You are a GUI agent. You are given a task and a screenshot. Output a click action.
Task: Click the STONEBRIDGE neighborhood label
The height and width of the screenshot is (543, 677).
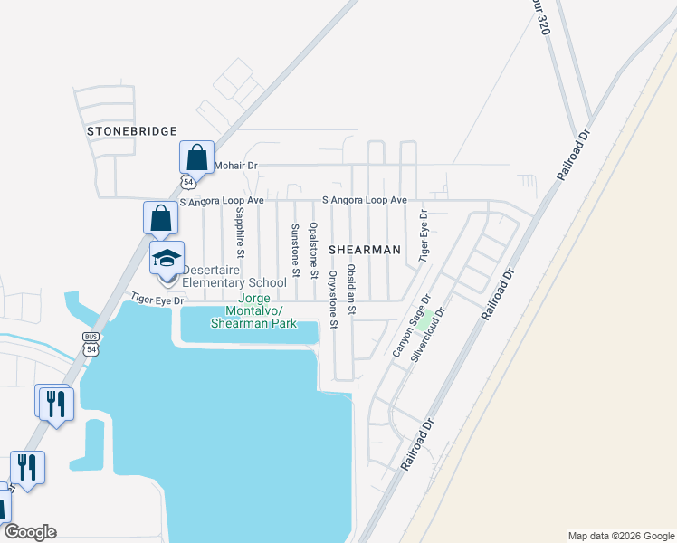coord(132,131)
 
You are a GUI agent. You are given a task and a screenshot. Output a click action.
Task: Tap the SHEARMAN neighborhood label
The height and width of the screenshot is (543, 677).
coord(364,248)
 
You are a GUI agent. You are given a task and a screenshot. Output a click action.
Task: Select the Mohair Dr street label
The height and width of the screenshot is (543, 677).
coord(235,167)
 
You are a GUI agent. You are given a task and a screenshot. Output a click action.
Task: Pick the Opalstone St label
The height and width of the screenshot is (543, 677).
coord(314,250)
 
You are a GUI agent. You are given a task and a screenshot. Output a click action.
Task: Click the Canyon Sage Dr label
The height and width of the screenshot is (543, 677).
coord(411,324)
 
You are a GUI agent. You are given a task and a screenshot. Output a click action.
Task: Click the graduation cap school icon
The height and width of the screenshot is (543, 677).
coord(167,258)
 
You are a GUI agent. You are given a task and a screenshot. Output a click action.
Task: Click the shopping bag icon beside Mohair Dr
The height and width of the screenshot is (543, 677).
coord(196,157)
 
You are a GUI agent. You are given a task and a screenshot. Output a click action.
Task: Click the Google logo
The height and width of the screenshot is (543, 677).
coord(30,532)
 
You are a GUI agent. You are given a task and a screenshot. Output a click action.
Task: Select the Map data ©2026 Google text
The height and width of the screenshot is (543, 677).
coord(620,536)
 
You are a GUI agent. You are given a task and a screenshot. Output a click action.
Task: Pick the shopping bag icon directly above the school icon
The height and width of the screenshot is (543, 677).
coord(160,218)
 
